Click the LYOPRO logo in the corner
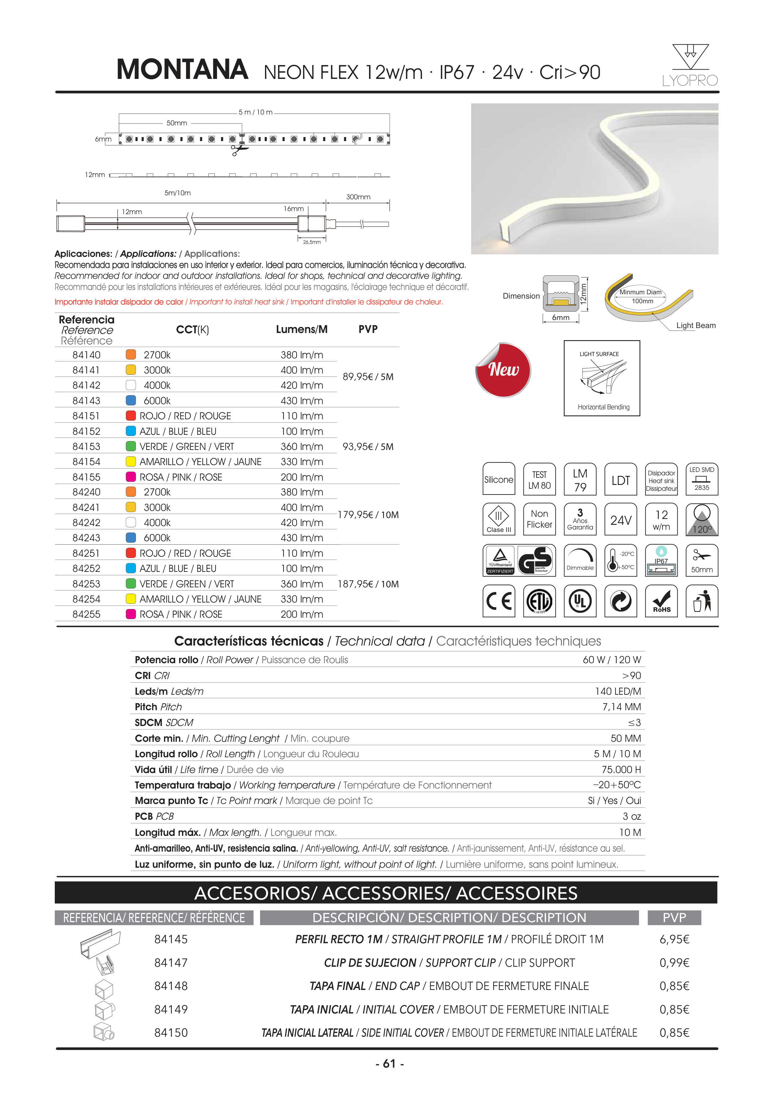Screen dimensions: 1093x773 (690, 66)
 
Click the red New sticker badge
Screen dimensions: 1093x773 (503, 370)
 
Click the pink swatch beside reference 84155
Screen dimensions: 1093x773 (131, 477)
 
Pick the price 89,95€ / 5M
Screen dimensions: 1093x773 (368, 377)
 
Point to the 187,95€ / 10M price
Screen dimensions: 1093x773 (368, 584)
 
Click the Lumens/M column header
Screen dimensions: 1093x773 (302, 330)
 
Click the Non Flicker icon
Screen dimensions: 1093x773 (539, 519)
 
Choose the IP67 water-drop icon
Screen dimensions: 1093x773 (661, 560)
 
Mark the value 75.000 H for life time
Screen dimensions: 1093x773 (621, 770)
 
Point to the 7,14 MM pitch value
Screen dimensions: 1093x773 (622, 707)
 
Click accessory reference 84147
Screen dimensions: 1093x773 (171, 962)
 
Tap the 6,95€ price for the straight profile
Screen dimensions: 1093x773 (674, 939)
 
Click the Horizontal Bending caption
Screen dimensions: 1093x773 (603, 407)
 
